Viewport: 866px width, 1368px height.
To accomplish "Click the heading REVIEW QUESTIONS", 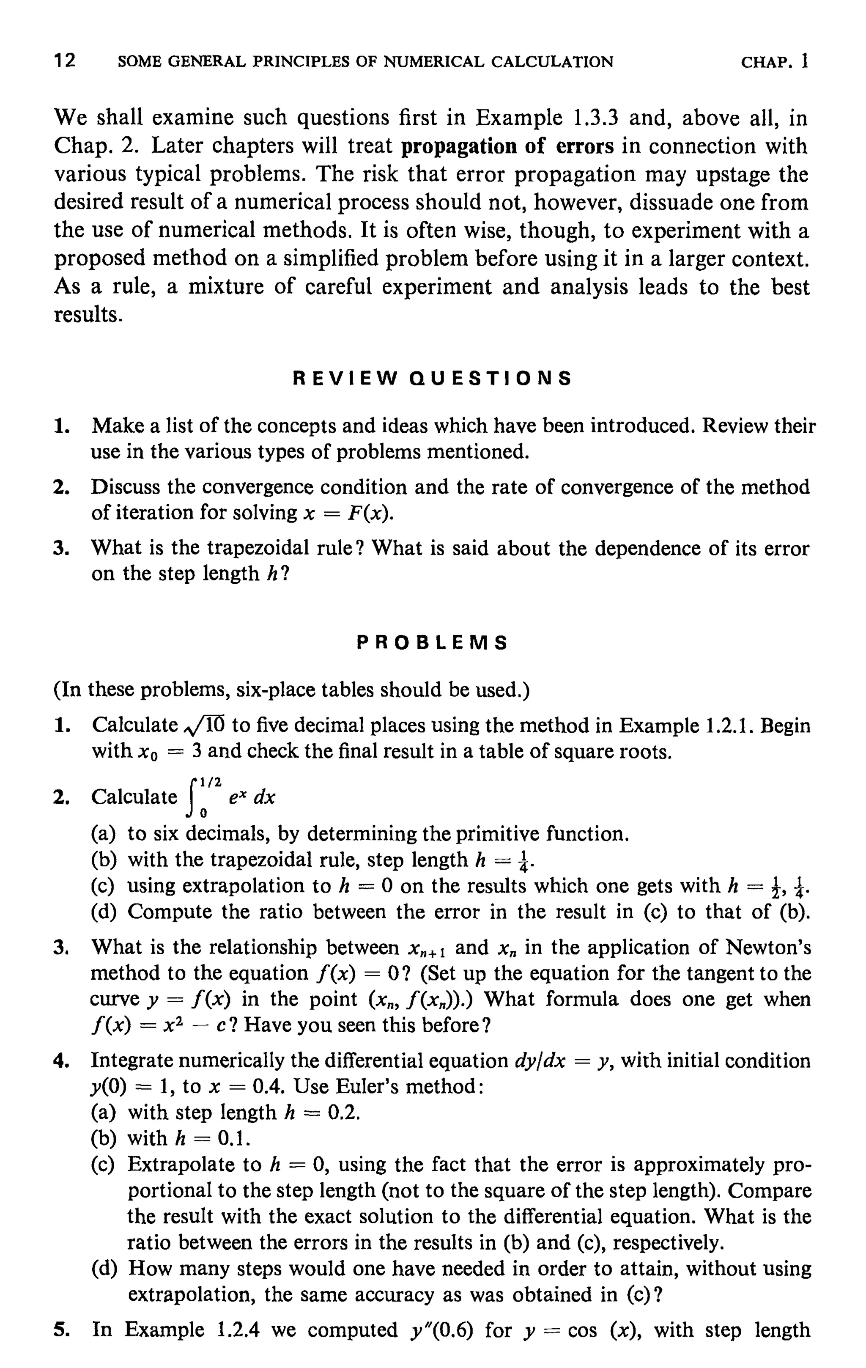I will point(432,378).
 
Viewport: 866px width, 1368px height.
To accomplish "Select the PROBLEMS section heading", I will point(432,643).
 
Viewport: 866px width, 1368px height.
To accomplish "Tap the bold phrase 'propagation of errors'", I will point(507,146).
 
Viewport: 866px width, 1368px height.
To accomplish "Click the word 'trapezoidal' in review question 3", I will point(258,548).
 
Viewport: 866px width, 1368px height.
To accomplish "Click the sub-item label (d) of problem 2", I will point(104,912).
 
